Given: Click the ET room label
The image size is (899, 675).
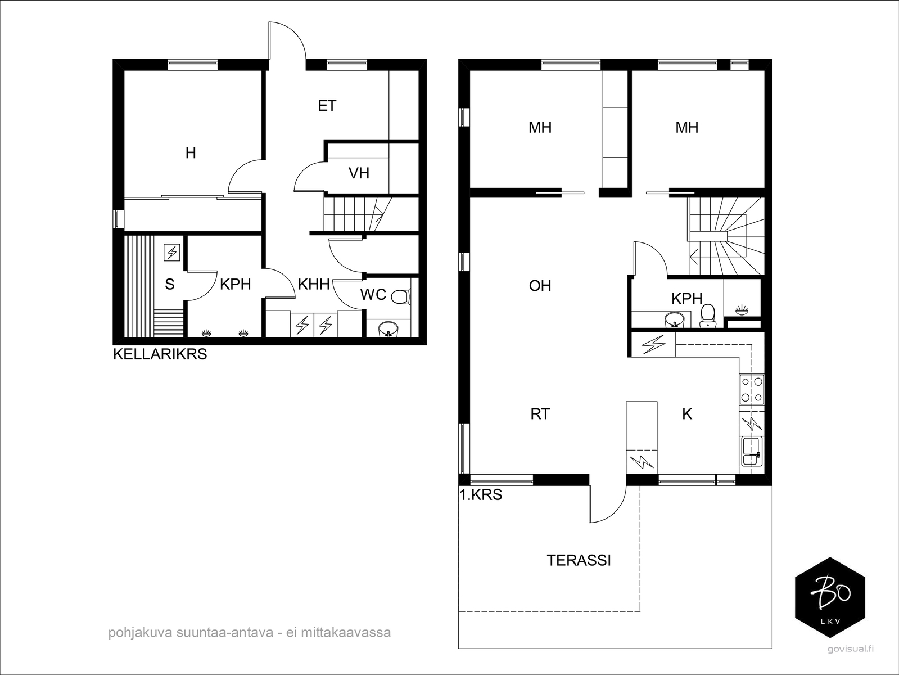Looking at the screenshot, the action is [327, 106].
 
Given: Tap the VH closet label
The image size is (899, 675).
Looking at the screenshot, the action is [359, 173].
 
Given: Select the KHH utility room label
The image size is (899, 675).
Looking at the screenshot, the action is [314, 284].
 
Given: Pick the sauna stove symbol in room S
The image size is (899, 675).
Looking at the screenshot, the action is [171, 253].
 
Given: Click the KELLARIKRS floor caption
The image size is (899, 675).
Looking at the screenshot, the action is [160, 354].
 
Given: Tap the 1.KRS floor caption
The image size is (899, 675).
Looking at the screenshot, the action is [480, 495].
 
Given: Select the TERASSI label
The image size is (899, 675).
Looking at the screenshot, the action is [579, 560].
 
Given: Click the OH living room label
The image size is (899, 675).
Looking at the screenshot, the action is [540, 286].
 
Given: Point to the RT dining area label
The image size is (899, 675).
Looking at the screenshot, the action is [540, 414].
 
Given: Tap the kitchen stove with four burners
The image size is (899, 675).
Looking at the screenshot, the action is [752, 389].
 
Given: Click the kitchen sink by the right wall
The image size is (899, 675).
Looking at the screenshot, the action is [752, 451].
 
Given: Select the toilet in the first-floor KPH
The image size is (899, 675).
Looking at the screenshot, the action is [707, 316].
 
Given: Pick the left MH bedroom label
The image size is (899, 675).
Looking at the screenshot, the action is [540, 127].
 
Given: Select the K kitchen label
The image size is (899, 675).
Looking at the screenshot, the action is [687, 414].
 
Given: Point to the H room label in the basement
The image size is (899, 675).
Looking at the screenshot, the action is [191, 153].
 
